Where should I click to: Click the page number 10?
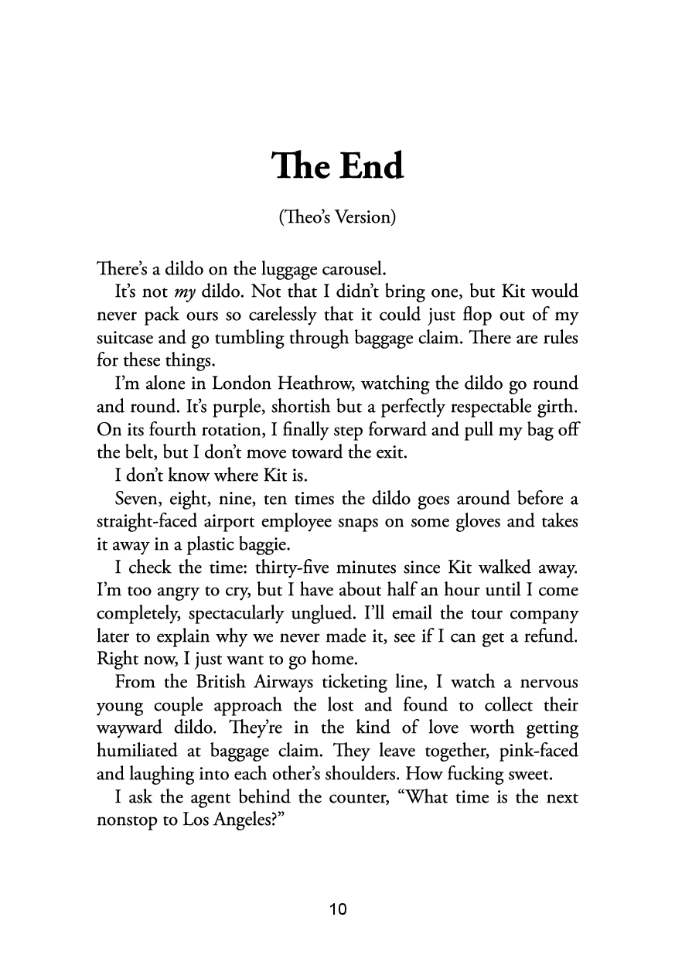[x=338, y=909]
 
